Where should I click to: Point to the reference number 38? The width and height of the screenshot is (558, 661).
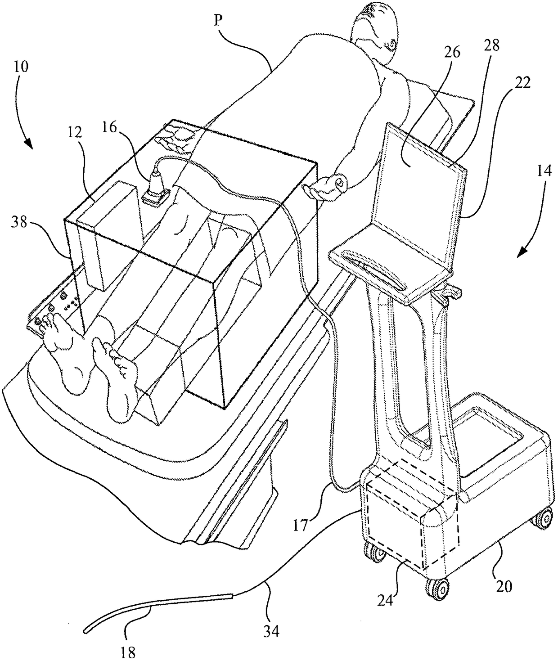[19, 223]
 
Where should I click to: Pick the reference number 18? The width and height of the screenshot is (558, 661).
[128, 652]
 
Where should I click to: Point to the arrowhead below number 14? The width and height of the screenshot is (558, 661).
[523, 252]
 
